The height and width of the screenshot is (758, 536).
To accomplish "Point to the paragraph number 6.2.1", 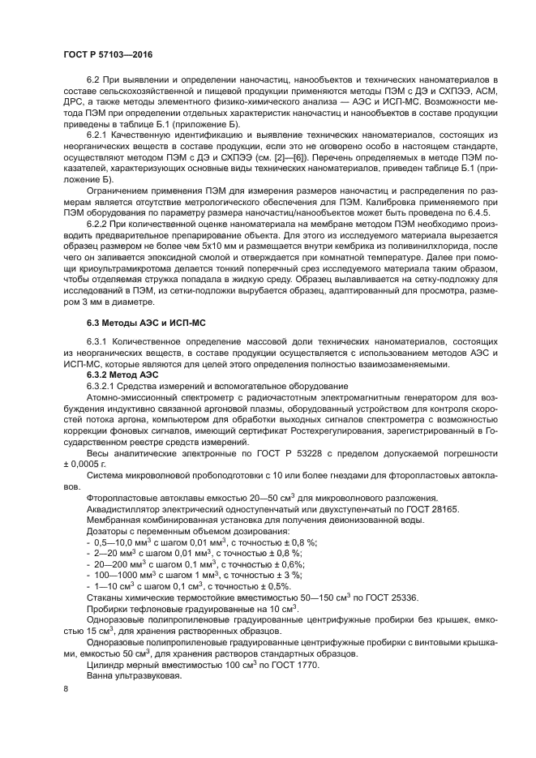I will [98, 132].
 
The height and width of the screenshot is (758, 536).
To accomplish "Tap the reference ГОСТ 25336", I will [381, 597].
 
